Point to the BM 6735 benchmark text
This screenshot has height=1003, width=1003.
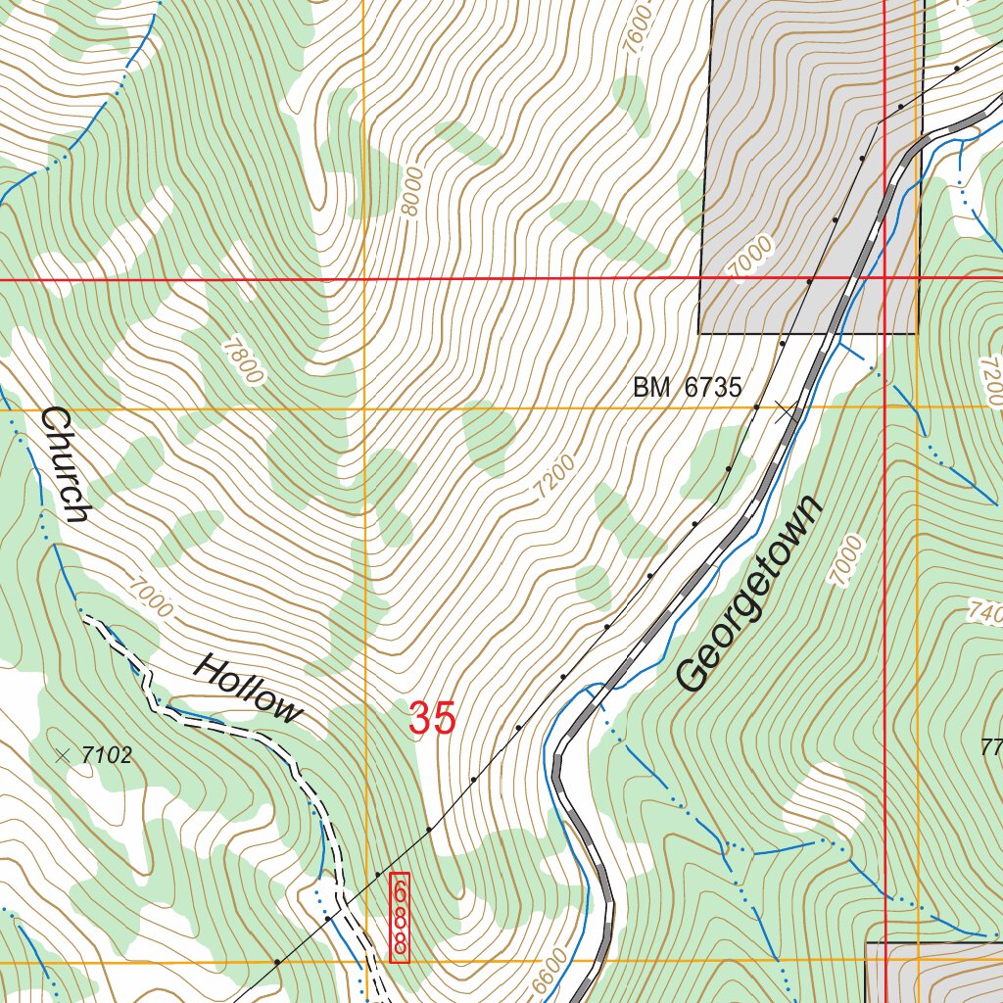point(687,388)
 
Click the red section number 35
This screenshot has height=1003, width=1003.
point(432,718)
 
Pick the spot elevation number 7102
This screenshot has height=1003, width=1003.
point(107,755)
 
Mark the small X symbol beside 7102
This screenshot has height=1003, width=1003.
point(64,755)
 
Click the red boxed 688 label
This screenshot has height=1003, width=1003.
point(400,918)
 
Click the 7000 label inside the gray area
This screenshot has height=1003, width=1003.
point(751,258)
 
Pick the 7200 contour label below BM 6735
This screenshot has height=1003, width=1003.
point(554,477)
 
